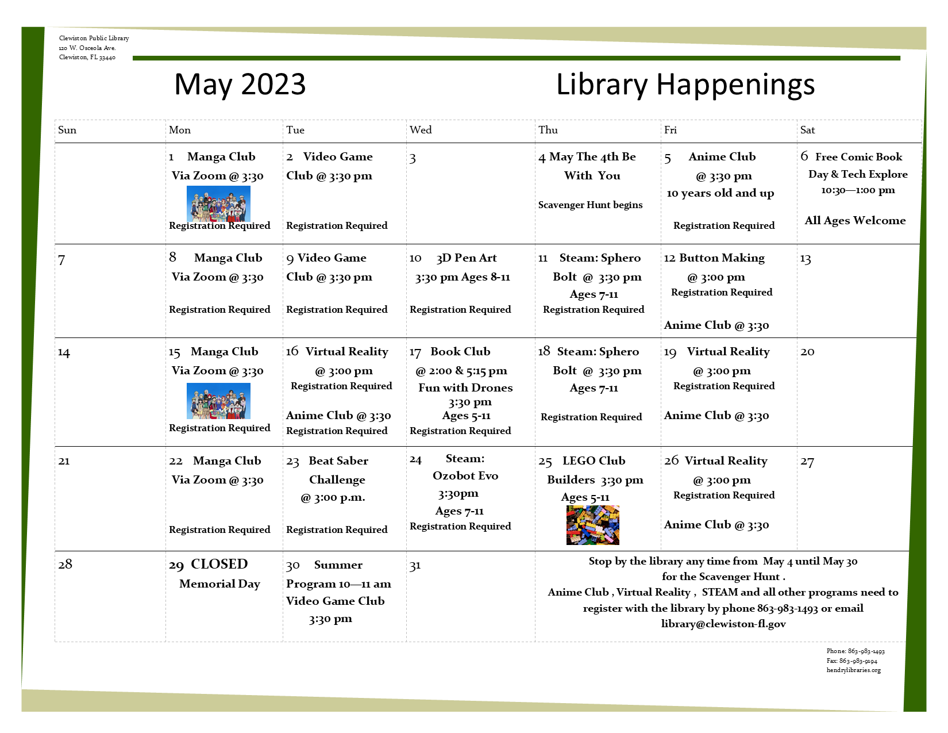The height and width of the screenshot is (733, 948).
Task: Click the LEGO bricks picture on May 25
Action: (592, 525)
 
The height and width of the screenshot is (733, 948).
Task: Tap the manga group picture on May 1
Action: (218, 204)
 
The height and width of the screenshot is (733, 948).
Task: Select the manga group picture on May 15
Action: (218, 401)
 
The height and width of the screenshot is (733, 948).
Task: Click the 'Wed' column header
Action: (421, 130)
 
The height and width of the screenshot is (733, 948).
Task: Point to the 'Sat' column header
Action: (807, 130)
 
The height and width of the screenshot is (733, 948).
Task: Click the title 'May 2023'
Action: (240, 84)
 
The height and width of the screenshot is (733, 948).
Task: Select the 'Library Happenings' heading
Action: (685, 85)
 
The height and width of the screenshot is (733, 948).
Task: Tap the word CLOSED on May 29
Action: (219, 563)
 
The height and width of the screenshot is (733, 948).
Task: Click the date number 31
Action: (415, 566)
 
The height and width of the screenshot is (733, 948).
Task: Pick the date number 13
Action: (806, 259)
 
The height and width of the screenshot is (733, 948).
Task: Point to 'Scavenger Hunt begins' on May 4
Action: (590, 205)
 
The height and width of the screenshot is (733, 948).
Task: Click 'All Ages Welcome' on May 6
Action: (855, 220)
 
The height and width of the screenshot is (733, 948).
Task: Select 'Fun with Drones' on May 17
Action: (465, 387)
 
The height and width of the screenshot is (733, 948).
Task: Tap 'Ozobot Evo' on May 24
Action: (465, 475)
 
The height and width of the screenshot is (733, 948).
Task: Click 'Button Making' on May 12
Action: (722, 258)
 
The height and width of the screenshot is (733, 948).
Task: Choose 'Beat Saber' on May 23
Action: (338, 460)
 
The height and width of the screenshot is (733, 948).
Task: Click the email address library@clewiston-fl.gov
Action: (723, 624)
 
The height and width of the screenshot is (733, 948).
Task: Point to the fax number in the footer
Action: (851, 661)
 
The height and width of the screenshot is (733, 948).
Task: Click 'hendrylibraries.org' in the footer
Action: (853, 670)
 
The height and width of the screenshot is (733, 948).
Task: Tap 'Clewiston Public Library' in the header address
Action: (94, 38)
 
